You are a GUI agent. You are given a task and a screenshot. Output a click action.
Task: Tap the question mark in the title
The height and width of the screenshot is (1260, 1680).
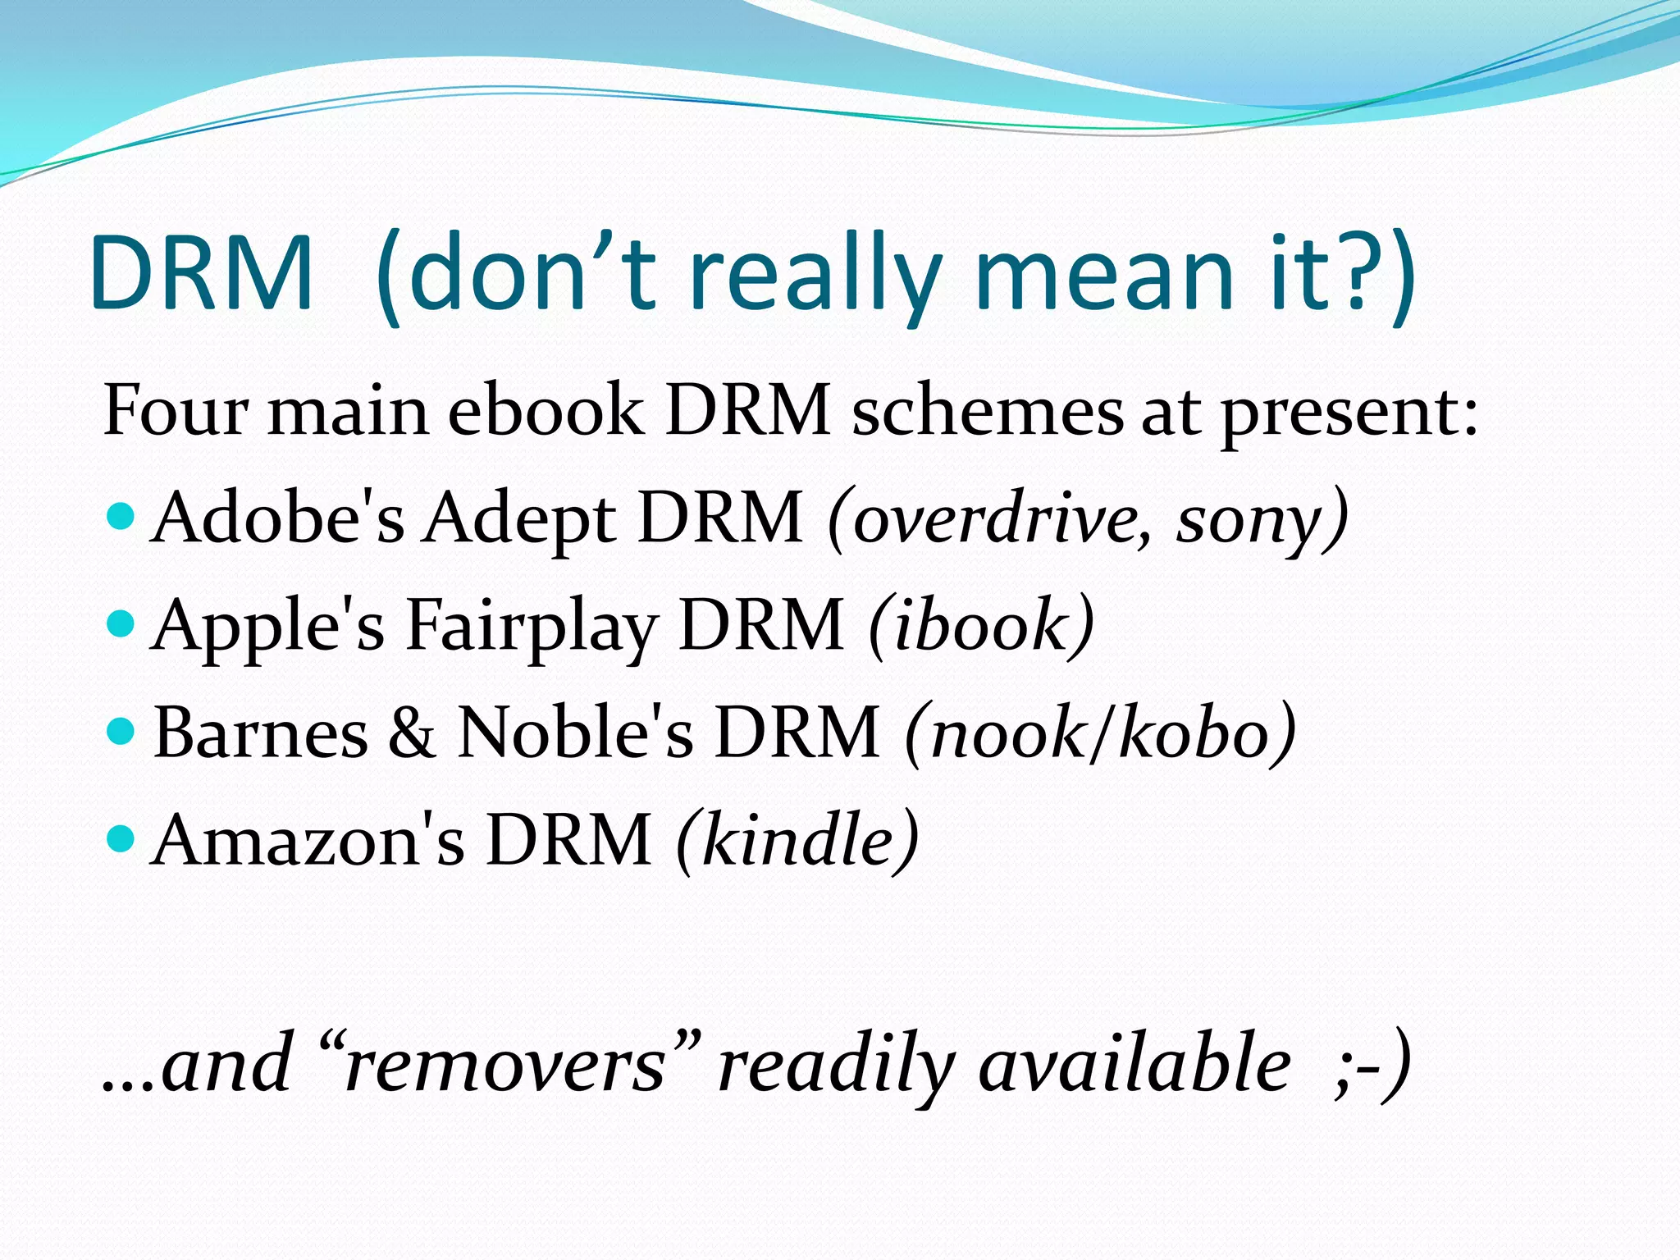[x=1362, y=273]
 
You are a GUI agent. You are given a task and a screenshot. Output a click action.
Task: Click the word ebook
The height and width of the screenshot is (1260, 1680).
[x=546, y=409]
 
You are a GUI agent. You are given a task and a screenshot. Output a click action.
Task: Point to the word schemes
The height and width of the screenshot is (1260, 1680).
[x=988, y=409]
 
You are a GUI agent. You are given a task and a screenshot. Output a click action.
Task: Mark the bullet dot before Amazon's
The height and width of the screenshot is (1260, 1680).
[x=121, y=838]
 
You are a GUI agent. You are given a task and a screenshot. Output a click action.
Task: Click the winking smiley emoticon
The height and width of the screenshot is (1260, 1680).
[x=1372, y=1065]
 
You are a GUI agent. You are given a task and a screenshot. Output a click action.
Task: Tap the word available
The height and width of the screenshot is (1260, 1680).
[x=1134, y=1065]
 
